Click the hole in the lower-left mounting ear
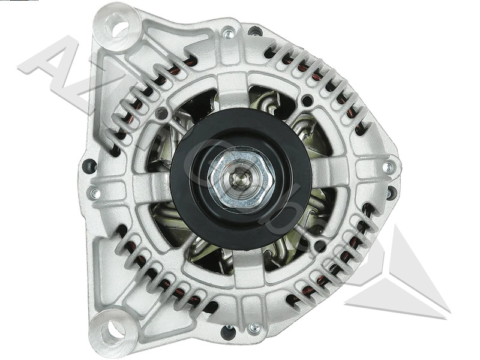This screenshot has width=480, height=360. [110, 329]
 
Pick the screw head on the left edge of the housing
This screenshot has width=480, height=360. [95, 193]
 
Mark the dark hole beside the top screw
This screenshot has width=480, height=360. [255, 31]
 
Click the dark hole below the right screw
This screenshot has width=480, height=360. [392, 193]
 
